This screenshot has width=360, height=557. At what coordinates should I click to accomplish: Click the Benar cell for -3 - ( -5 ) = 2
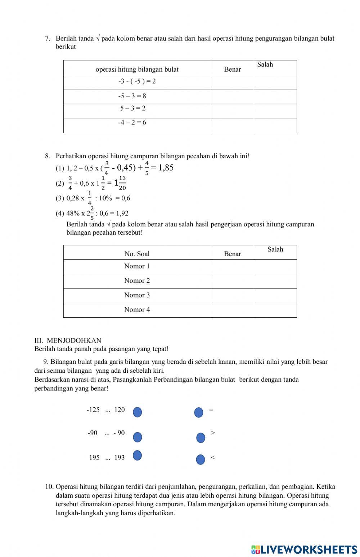pos(232,82)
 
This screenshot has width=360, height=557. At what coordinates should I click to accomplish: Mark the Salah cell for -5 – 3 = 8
pos(275,96)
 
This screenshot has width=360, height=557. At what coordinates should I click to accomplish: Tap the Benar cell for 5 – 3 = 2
pos(232,111)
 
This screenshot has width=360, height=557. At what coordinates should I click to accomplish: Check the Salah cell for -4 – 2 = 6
pos(275,126)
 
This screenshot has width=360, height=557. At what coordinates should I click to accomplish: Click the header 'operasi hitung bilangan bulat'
pos(137,69)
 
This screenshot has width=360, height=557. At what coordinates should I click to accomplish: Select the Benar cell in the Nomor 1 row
pos(232,267)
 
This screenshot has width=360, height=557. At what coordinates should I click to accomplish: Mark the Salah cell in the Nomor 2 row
pos(275,281)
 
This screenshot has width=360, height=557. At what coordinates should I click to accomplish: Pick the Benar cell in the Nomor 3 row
pos(232,296)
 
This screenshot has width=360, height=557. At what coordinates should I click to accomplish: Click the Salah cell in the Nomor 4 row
pos(275,310)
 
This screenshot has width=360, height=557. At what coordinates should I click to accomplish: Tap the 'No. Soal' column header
pos(137,254)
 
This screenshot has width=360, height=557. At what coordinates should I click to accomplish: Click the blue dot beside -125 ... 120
pos(137,412)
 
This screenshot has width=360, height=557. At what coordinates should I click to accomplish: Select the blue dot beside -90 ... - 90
pos(138,437)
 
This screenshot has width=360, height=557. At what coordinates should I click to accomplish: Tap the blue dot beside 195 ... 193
pos(137,455)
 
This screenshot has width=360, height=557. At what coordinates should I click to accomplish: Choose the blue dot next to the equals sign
pos(199,412)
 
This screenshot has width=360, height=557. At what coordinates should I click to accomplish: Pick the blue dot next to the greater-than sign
pos(201,438)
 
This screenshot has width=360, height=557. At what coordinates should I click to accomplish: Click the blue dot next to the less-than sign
pos(201,459)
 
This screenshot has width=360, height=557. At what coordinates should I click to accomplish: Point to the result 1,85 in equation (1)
pos(166,167)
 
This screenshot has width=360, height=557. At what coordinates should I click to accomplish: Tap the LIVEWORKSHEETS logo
pos(304,549)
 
